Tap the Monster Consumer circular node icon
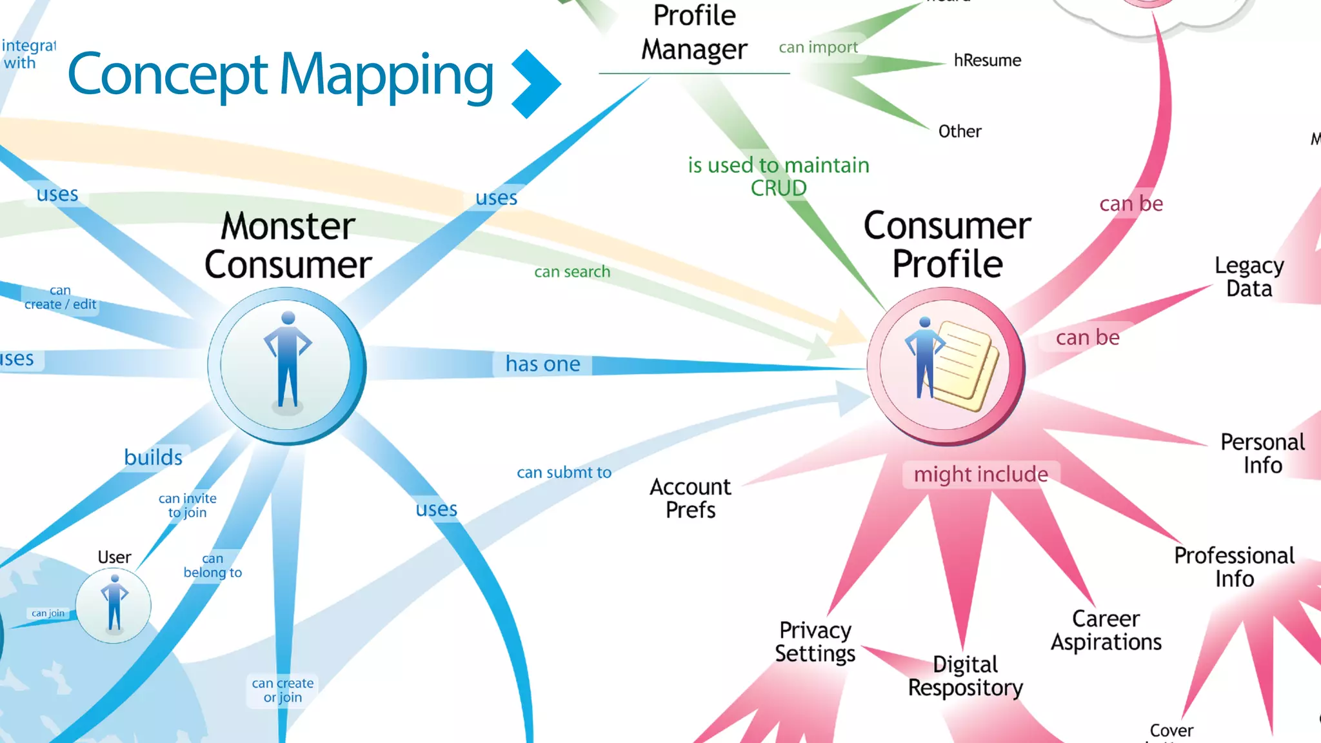coord(286,365)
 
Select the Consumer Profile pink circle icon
coord(945,366)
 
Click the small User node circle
coord(114,606)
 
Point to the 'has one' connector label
coord(542,364)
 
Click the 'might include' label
coord(980,474)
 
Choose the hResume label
coord(987,61)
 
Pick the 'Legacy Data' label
coord(1249,277)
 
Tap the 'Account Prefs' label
coord(690,498)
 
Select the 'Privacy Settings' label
coord(815,641)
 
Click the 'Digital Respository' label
coord(965,676)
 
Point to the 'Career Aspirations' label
coord(1106,630)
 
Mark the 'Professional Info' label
coord(1234,567)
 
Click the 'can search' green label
coord(572,272)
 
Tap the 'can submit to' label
coord(564,472)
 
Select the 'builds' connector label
coord(153,457)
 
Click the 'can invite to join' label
coord(187,506)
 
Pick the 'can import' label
coord(818,47)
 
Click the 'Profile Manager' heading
coord(694,32)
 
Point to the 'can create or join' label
coord(283,690)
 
